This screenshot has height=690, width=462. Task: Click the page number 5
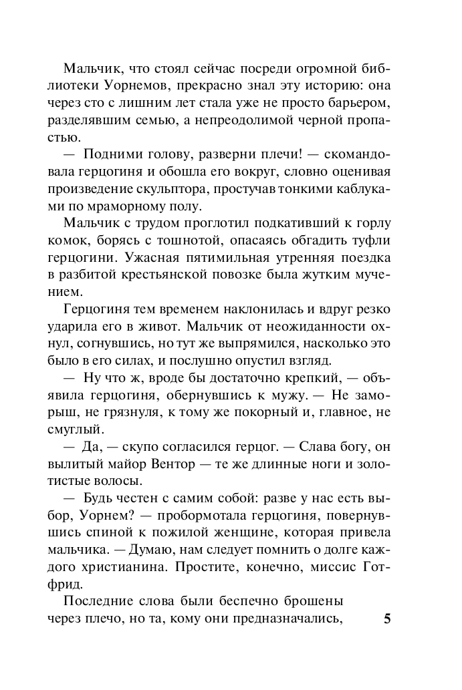point(387,618)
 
